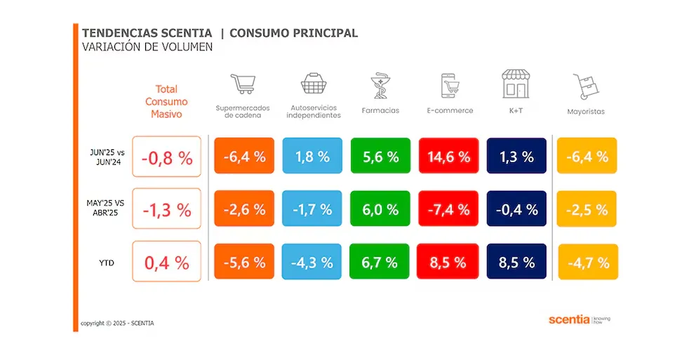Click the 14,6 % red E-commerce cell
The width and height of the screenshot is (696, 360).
click(448, 156)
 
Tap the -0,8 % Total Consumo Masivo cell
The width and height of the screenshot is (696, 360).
click(166, 157)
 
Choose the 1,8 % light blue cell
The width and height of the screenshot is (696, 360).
click(312, 156)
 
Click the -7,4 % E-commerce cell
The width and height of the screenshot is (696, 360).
click(448, 209)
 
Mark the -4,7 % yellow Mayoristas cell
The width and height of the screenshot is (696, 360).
click(587, 262)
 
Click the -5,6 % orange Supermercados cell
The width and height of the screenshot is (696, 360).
click(244, 262)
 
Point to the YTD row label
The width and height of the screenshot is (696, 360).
click(106, 263)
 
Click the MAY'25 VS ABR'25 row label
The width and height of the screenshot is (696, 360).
click(105, 210)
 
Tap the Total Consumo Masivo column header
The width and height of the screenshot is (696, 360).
click(166, 101)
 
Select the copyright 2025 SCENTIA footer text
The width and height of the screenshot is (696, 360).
click(117, 324)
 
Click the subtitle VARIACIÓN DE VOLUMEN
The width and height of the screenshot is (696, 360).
click(147, 47)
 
